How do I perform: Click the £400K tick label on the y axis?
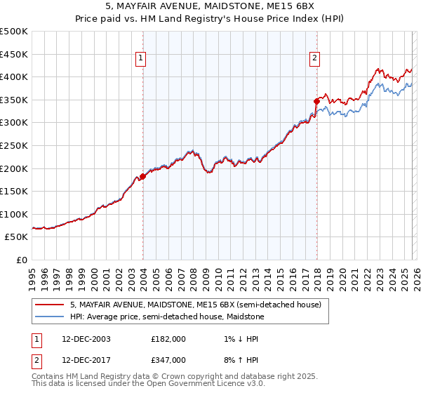coord(14,76)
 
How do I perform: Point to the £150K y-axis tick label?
coord(14,191)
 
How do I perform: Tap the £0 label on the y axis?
coord(22,260)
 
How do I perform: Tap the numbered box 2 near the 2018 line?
coord(315,58)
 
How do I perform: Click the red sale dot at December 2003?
coord(142,177)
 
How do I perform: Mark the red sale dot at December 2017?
coord(316,101)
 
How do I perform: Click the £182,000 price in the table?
coord(168,339)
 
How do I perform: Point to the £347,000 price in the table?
coord(168,359)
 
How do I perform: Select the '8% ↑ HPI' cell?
coord(240,359)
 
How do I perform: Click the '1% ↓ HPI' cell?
coord(240,339)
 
